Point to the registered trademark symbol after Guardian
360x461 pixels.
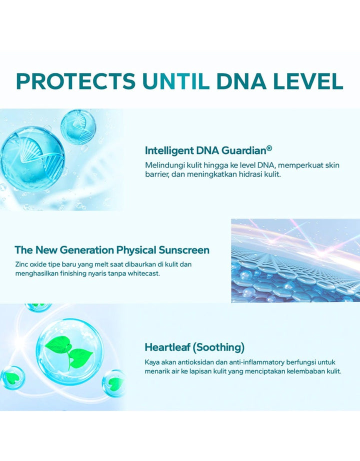[269, 148]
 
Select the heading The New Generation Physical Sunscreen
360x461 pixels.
[112, 250]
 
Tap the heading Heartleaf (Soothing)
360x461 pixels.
[194, 347]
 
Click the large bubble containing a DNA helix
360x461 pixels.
[32, 159]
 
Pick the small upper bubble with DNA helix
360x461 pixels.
[78, 126]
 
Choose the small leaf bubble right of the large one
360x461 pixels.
[114, 383]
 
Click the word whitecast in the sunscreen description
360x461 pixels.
[144, 273]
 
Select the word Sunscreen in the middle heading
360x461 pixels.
[184, 250]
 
